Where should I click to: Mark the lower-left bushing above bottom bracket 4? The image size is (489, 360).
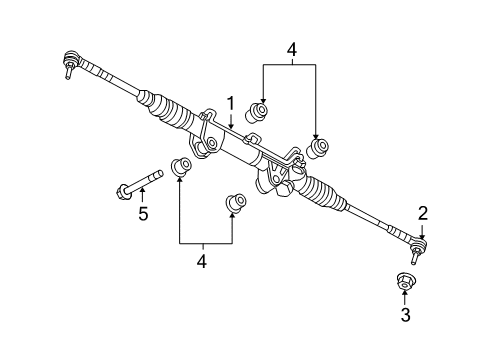182,166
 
